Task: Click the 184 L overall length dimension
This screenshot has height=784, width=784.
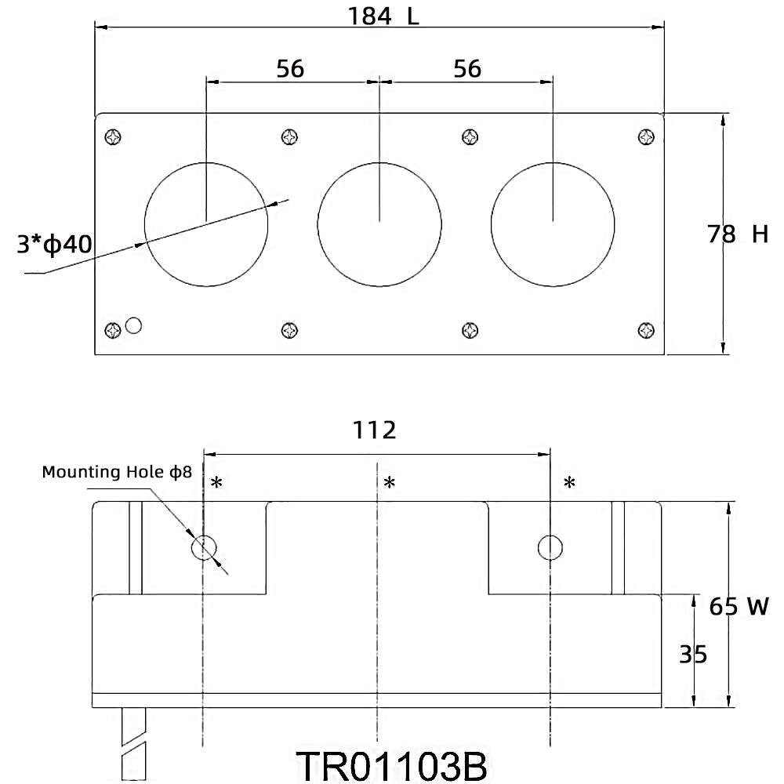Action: pyautogui.click(x=384, y=16)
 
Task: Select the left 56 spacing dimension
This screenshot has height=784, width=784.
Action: pyautogui.click(x=290, y=69)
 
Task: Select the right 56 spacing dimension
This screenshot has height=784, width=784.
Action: pyautogui.click(x=467, y=69)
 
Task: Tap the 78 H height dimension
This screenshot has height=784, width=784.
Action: pyautogui.click(x=737, y=234)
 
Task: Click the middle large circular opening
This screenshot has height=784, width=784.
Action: pyautogui.click(x=379, y=224)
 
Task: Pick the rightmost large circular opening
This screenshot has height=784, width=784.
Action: pyautogui.click(x=554, y=224)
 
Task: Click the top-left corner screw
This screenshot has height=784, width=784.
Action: pyautogui.click(x=114, y=137)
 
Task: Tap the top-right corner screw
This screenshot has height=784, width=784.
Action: pyautogui.click(x=646, y=137)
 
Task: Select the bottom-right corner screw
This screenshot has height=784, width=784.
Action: pyautogui.click(x=646, y=330)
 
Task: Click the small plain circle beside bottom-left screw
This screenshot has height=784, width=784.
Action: pyautogui.click(x=134, y=325)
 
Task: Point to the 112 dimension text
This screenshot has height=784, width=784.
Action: pyautogui.click(x=374, y=430)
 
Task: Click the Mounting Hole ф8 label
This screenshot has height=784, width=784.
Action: pyautogui.click(x=116, y=473)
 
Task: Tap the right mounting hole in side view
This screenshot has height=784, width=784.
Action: pyautogui.click(x=550, y=548)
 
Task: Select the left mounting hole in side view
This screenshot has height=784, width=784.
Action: pyautogui.click(x=204, y=548)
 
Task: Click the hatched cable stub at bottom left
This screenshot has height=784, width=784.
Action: pyautogui.click(x=135, y=745)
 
